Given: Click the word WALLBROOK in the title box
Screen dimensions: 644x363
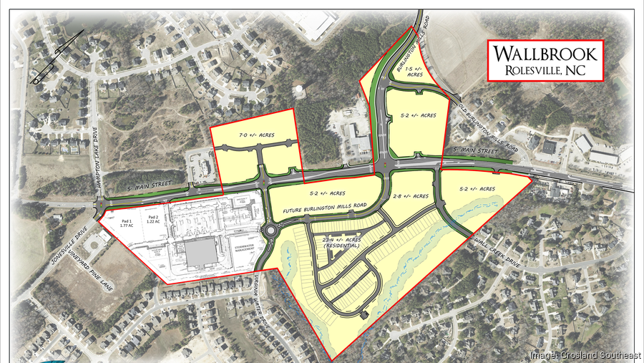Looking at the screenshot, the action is [x=545, y=54].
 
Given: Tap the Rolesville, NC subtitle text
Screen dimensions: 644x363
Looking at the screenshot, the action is [x=545, y=70].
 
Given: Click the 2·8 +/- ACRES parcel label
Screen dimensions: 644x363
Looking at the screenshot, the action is [x=412, y=195].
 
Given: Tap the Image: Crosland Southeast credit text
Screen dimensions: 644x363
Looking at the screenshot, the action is [x=585, y=355].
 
